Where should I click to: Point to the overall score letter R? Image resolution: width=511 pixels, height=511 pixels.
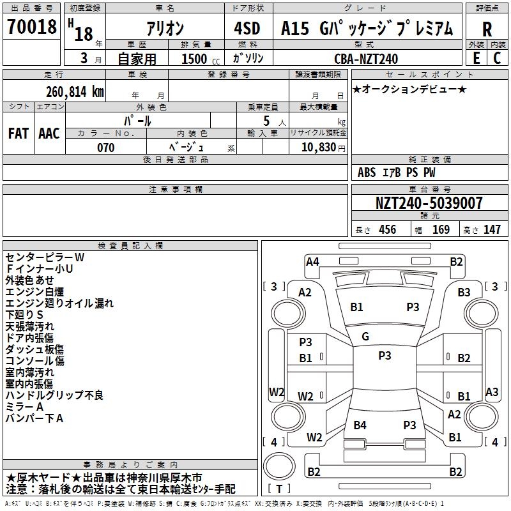tap(487, 29)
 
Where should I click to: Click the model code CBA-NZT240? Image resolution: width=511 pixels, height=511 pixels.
tap(366, 59)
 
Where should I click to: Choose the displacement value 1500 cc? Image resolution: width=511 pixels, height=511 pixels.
tap(195, 59)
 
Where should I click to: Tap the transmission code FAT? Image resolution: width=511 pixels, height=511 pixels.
tap(18, 133)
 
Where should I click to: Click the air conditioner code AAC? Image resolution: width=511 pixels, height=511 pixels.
tap(49, 133)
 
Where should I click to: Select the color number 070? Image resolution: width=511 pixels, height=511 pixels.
tap(106, 148)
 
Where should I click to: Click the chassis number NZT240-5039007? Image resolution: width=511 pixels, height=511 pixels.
tap(429, 203)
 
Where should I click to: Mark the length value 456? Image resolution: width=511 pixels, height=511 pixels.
tap(387, 229)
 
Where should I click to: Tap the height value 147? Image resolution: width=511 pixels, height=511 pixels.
tap(492, 229)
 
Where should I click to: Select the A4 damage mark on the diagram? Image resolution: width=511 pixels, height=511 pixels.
tap(312, 261)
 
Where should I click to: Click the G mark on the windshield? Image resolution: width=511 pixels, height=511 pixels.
tap(365, 337)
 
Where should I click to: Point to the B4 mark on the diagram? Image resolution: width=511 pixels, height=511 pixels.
tap(360, 425)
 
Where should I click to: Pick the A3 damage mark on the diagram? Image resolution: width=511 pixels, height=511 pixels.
tap(492, 392)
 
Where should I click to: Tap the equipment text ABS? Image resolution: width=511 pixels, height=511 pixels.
tap(367, 172)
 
